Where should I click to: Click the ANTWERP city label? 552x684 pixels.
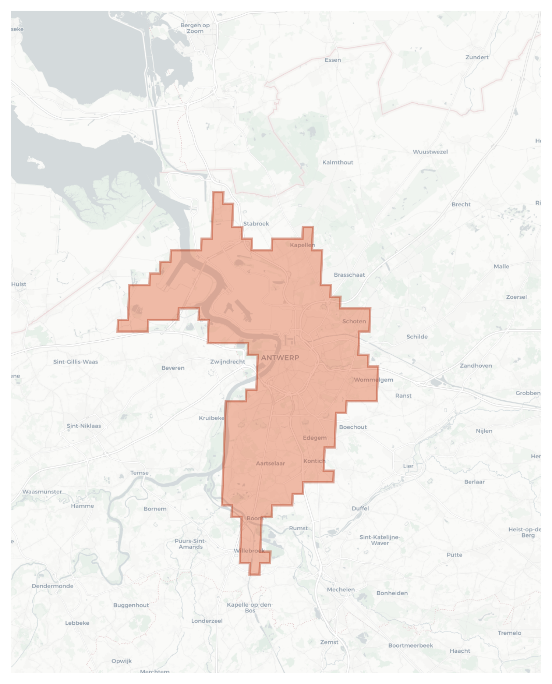click(x=280, y=357)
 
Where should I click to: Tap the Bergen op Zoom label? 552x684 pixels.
click(x=195, y=28)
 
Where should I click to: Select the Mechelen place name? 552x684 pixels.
click(x=341, y=589)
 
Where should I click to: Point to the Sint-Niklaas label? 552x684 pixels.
click(x=84, y=426)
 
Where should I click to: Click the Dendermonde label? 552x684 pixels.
click(x=53, y=586)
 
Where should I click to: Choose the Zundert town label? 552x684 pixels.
click(x=477, y=57)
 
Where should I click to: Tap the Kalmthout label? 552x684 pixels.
click(x=337, y=162)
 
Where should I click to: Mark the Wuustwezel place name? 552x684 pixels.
click(x=430, y=152)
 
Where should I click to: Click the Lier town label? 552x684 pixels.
click(x=408, y=466)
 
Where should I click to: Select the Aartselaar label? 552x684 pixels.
click(x=270, y=463)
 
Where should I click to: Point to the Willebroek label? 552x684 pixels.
click(x=249, y=550)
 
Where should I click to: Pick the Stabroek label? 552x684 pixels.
click(x=256, y=224)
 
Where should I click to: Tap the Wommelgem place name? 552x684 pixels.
click(x=374, y=379)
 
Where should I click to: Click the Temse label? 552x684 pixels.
click(x=139, y=473)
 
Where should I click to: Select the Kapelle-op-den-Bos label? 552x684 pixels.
click(x=250, y=607)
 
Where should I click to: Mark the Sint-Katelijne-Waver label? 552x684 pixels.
click(x=380, y=540)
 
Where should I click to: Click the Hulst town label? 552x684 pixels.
click(x=19, y=284)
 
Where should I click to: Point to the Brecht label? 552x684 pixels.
click(x=461, y=204)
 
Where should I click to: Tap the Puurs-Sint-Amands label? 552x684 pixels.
click(x=191, y=543)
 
